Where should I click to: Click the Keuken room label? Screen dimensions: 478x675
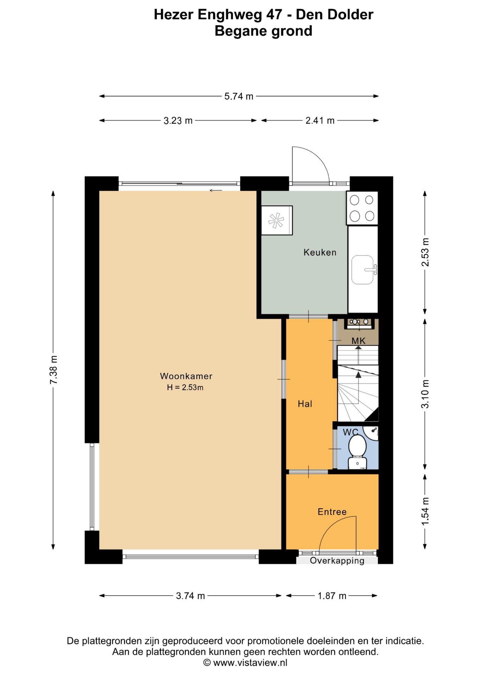[x=320, y=252]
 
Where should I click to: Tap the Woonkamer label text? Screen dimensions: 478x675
[x=186, y=376]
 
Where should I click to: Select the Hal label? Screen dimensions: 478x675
[x=305, y=404]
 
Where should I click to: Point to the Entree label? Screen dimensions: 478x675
[x=332, y=512]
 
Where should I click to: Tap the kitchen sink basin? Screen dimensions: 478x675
[x=362, y=270]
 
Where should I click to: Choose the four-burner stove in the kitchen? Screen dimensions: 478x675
[x=362, y=208]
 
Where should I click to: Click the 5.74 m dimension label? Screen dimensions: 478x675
[x=239, y=96]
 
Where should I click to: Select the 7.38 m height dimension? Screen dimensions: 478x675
[x=54, y=370]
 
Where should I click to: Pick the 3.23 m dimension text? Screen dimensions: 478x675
[x=178, y=121]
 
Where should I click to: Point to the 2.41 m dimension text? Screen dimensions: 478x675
[x=320, y=121]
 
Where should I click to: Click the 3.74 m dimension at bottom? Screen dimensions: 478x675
[x=190, y=596]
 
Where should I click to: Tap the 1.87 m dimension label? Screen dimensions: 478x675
[x=332, y=596]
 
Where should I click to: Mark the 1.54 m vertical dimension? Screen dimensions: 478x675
[x=425, y=512]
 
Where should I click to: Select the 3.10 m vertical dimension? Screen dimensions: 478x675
[x=425, y=394]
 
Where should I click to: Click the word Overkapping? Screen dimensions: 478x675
[x=337, y=561]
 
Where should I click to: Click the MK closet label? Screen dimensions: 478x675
[x=358, y=341]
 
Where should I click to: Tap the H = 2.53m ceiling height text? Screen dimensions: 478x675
[x=185, y=387]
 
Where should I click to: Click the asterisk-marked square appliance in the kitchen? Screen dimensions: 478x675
[x=277, y=220]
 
